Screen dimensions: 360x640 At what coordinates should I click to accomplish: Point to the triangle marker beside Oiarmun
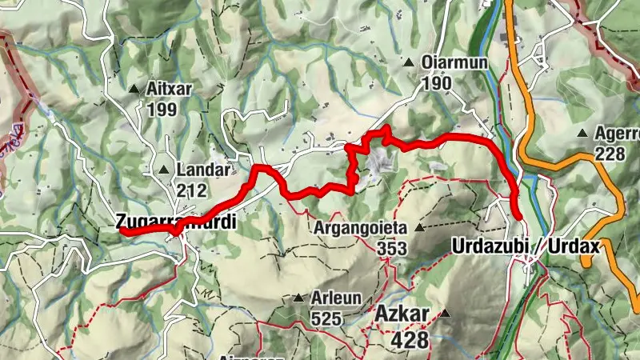point(409,62)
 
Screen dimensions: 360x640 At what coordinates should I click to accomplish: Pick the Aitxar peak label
point(170,89)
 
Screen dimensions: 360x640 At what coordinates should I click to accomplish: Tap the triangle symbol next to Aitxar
point(134,89)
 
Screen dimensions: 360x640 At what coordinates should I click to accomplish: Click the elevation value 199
point(162,109)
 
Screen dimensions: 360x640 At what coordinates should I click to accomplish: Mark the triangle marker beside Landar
point(164,170)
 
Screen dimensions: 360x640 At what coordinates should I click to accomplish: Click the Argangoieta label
point(361,228)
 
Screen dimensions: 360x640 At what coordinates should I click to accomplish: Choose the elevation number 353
point(393,248)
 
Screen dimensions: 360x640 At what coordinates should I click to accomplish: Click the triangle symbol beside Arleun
point(298,298)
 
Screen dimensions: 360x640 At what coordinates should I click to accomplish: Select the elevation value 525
point(327,318)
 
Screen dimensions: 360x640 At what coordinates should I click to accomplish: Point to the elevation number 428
point(410,340)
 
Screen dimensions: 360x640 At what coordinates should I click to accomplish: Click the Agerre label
point(617,133)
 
